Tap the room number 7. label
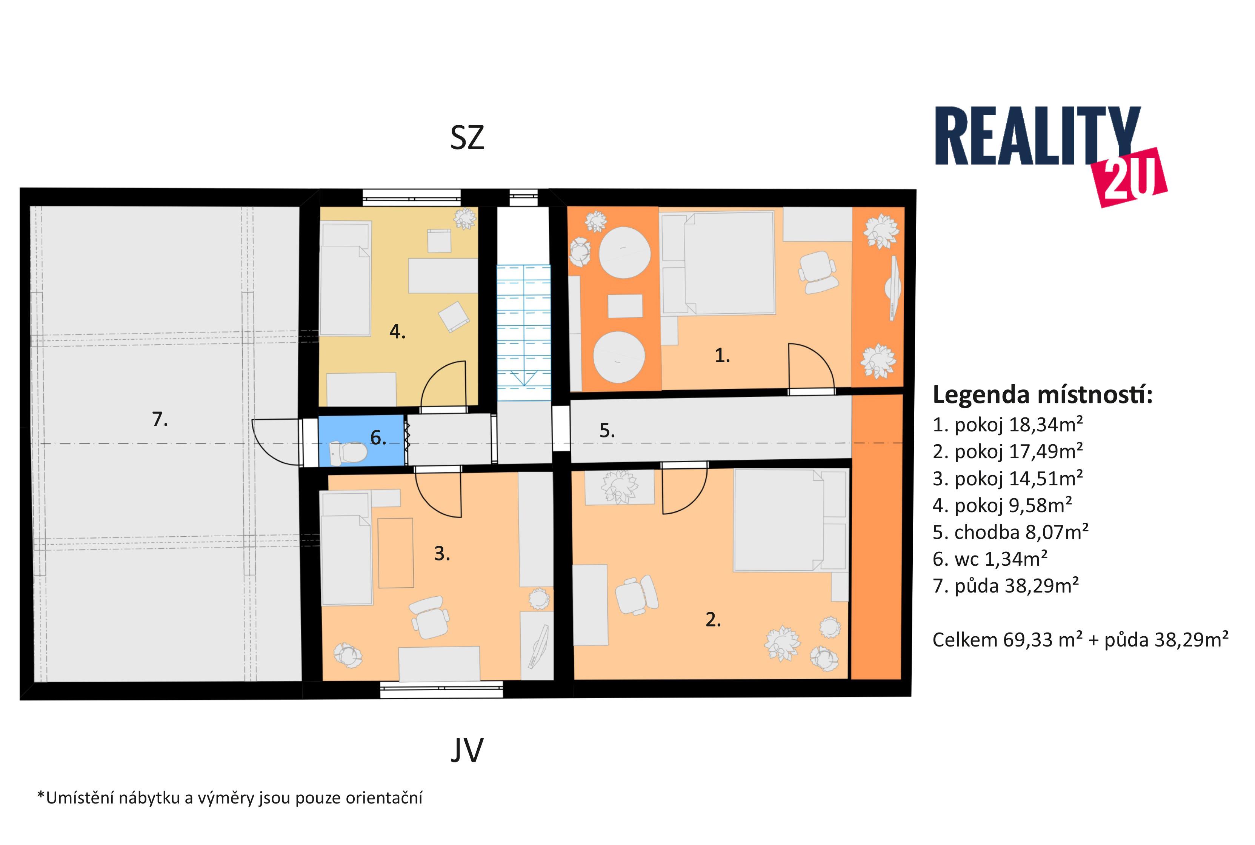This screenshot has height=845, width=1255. tap(160, 419)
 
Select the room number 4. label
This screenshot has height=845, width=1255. tap(398, 331)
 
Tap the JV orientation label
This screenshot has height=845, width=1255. tap(467, 750)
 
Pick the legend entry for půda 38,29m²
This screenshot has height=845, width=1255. tap(1006, 585)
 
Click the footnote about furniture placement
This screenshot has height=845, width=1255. tap(229, 797)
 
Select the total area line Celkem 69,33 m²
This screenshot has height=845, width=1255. tap(1080, 640)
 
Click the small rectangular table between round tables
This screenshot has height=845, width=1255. tap(625, 306)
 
